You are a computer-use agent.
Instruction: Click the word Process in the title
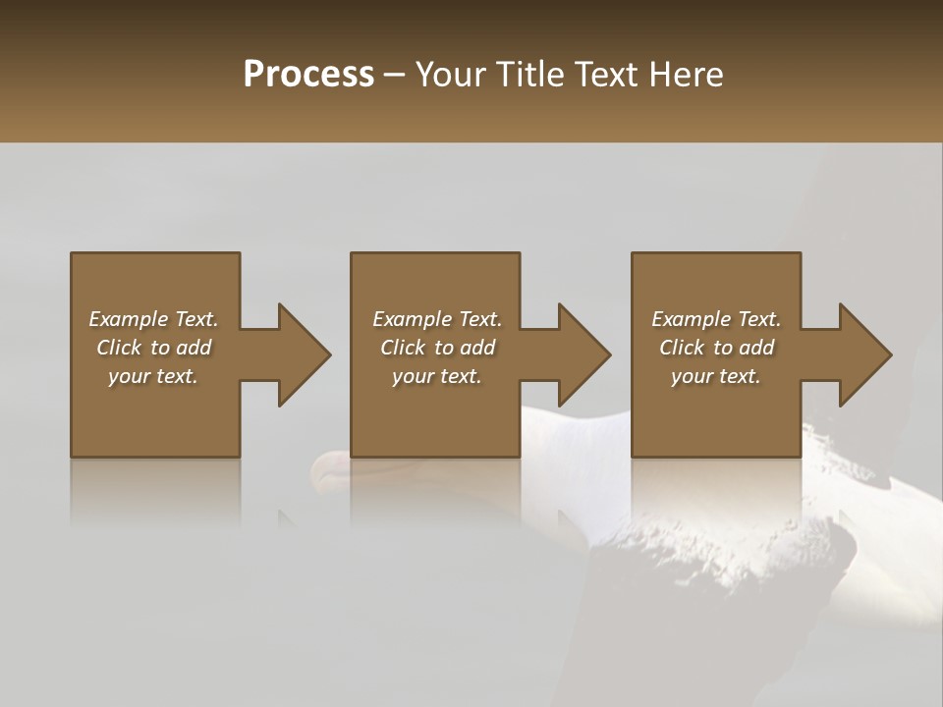pyautogui.click(x=308, y=75)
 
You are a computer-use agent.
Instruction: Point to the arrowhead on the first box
pyautogui.click(x=303, y=354)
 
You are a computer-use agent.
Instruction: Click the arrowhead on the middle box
pyautogui.click(x=583, y=354)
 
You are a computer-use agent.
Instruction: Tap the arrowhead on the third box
pyautogui.click(x=864, y=354)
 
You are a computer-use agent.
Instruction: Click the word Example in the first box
pyautogui.click(x=127, y=319)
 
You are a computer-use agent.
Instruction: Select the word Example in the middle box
pyautogui.click(x=411, y=319)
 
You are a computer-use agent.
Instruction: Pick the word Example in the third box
pyautogui.click(x=690, y=319)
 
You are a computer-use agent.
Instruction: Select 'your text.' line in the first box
pyautogui.click(x=153, y=376)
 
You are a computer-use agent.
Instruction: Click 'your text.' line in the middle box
pyautogui.click(x=437, y=376)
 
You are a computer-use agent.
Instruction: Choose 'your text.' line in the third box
pyautogui.click(x=716, y=376)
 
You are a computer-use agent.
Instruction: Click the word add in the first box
pyautogui.click(x=194, y=348)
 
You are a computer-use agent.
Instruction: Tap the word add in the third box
pyautogui.click(x=756, y=348)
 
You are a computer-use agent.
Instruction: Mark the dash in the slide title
pyautogui.click(x=395, y=75)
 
